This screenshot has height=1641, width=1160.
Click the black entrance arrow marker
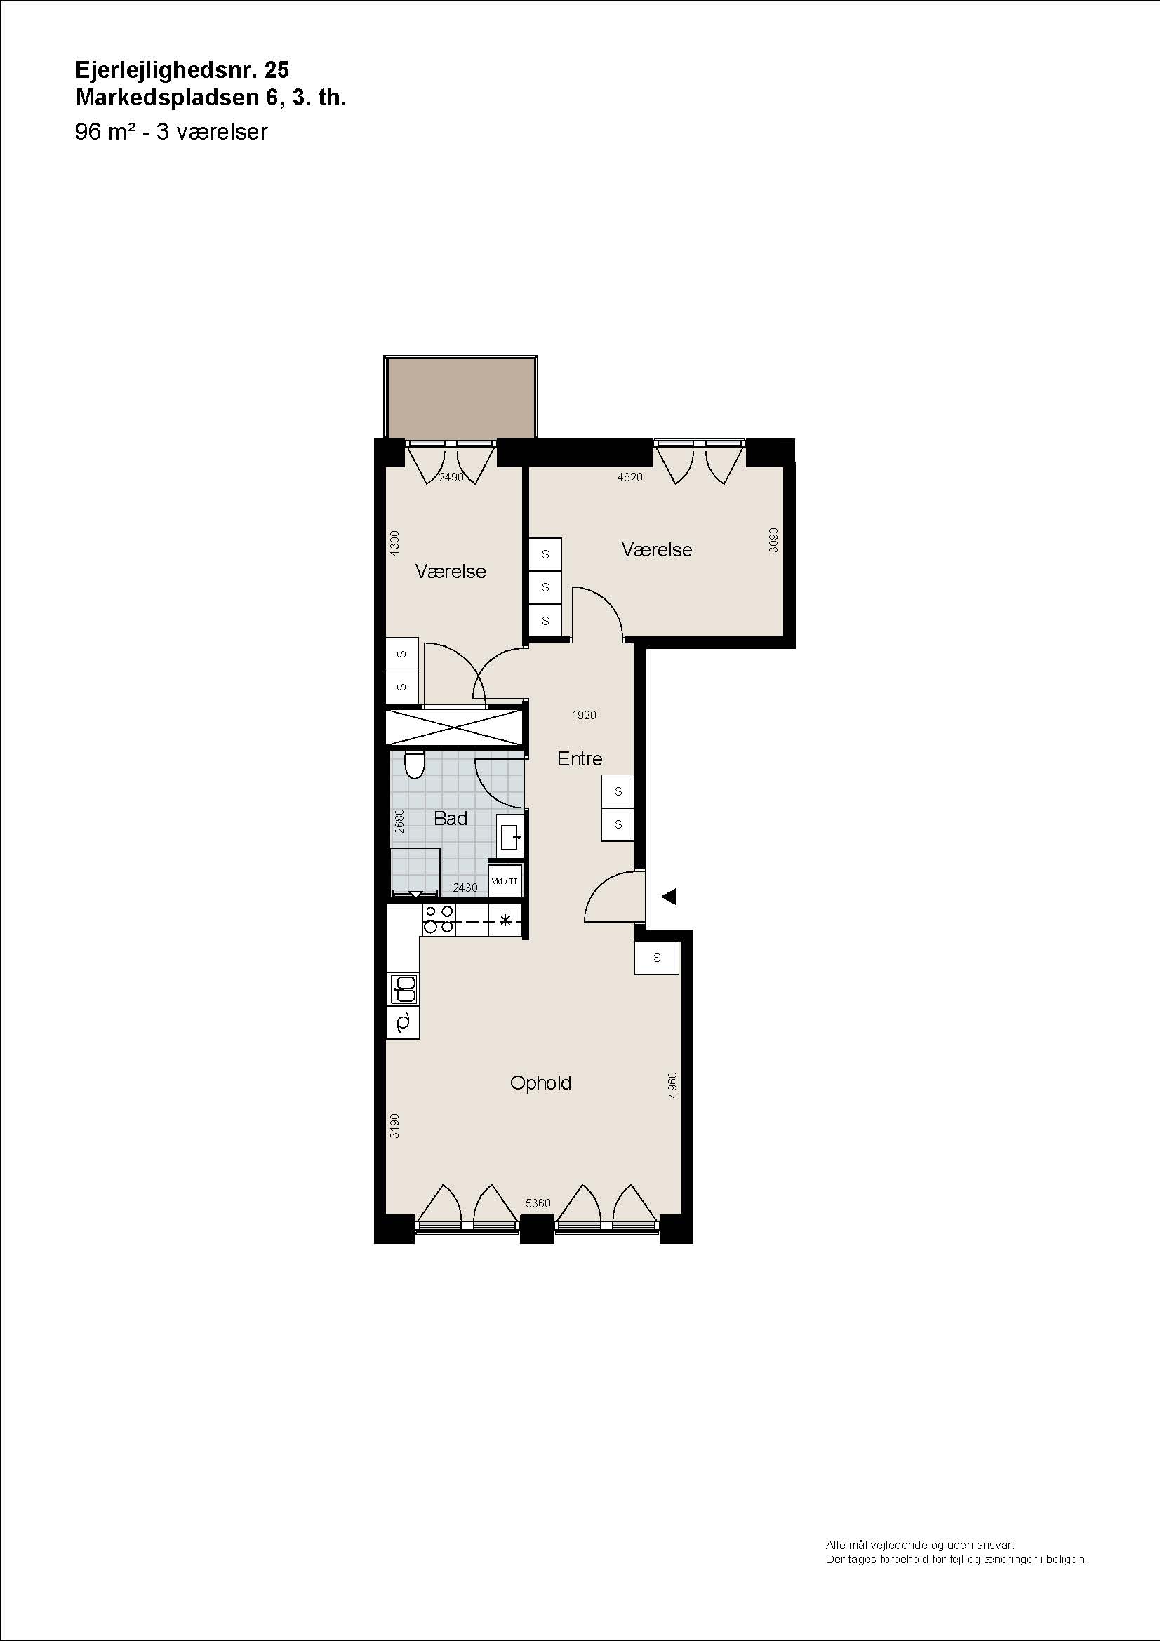point(669,896)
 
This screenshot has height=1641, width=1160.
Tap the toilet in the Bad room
point(414,764)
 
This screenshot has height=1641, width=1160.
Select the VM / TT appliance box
point(505,881)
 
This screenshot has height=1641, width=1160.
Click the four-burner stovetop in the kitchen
point(438,919)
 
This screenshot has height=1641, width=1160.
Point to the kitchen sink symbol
point(404,989)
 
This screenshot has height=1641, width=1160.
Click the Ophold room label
point(540,1083)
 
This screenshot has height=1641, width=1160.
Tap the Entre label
point(580,758)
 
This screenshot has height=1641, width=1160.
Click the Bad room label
point(451,818)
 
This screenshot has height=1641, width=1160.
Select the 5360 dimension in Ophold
point(538,1203)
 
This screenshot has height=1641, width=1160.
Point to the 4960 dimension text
point(672,1085)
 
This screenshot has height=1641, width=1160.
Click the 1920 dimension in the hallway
point(584,715)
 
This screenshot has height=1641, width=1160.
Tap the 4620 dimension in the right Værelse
point(629,478)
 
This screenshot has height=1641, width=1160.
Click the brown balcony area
point(461,397)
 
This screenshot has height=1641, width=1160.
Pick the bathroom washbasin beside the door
point(510,835)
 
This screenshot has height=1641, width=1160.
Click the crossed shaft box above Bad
point(455,728)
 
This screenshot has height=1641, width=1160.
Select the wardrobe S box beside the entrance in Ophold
point(657,958)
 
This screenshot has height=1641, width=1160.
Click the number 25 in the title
point(276,69)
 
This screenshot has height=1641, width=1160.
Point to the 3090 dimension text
point(773,540)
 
